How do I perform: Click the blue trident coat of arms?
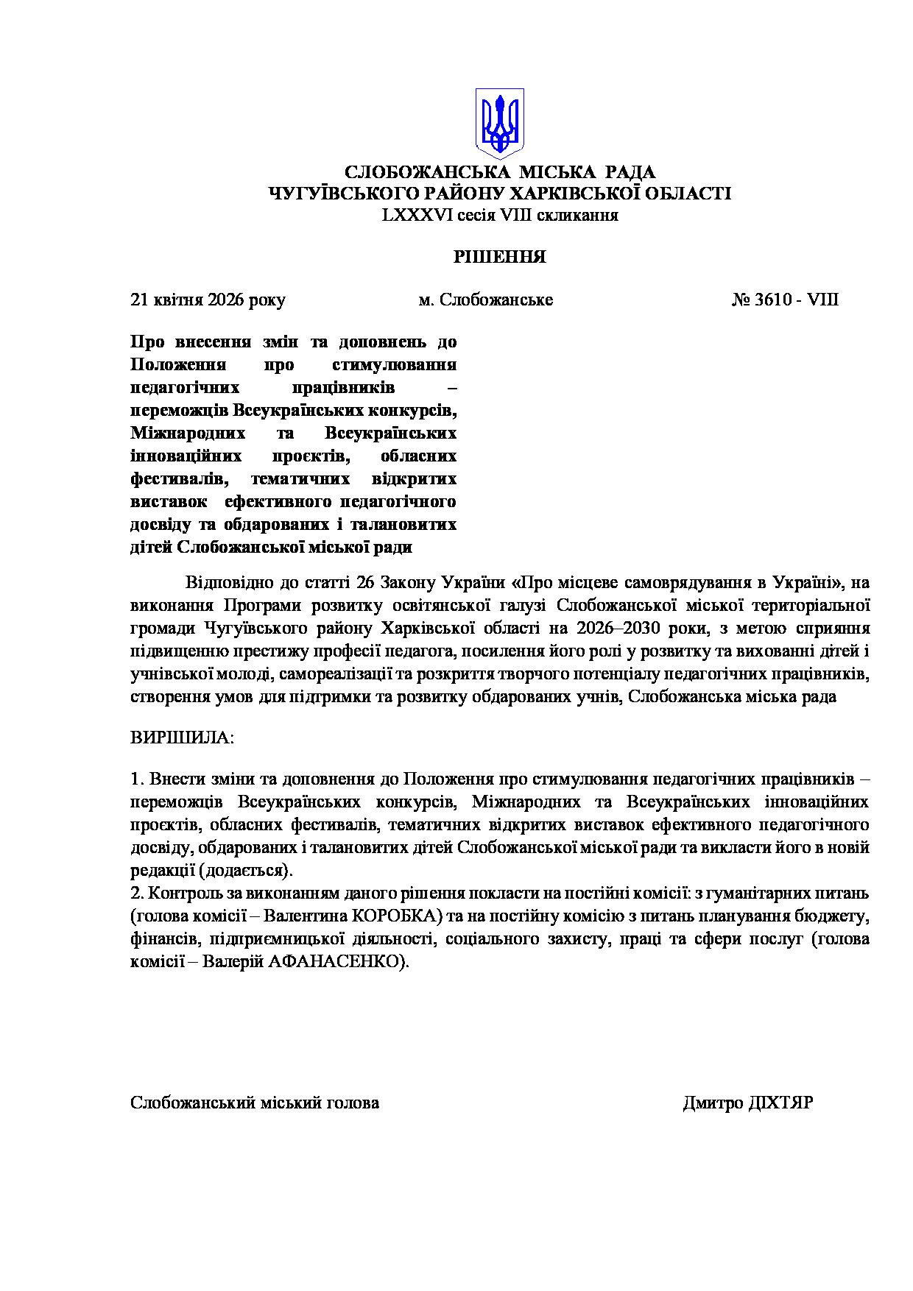pyautogui.click(x=499, y=122)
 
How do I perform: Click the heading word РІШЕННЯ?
pyautogui.click(x=499, y=258)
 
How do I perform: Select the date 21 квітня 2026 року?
pyautogui.click(x=208, y=300)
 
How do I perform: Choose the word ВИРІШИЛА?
pyautogui.click(x=182, y=738)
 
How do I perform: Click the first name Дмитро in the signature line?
pyautogui.click(x=713, y=1103)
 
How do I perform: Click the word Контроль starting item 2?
pyautogui.click(x=183, y=894)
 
